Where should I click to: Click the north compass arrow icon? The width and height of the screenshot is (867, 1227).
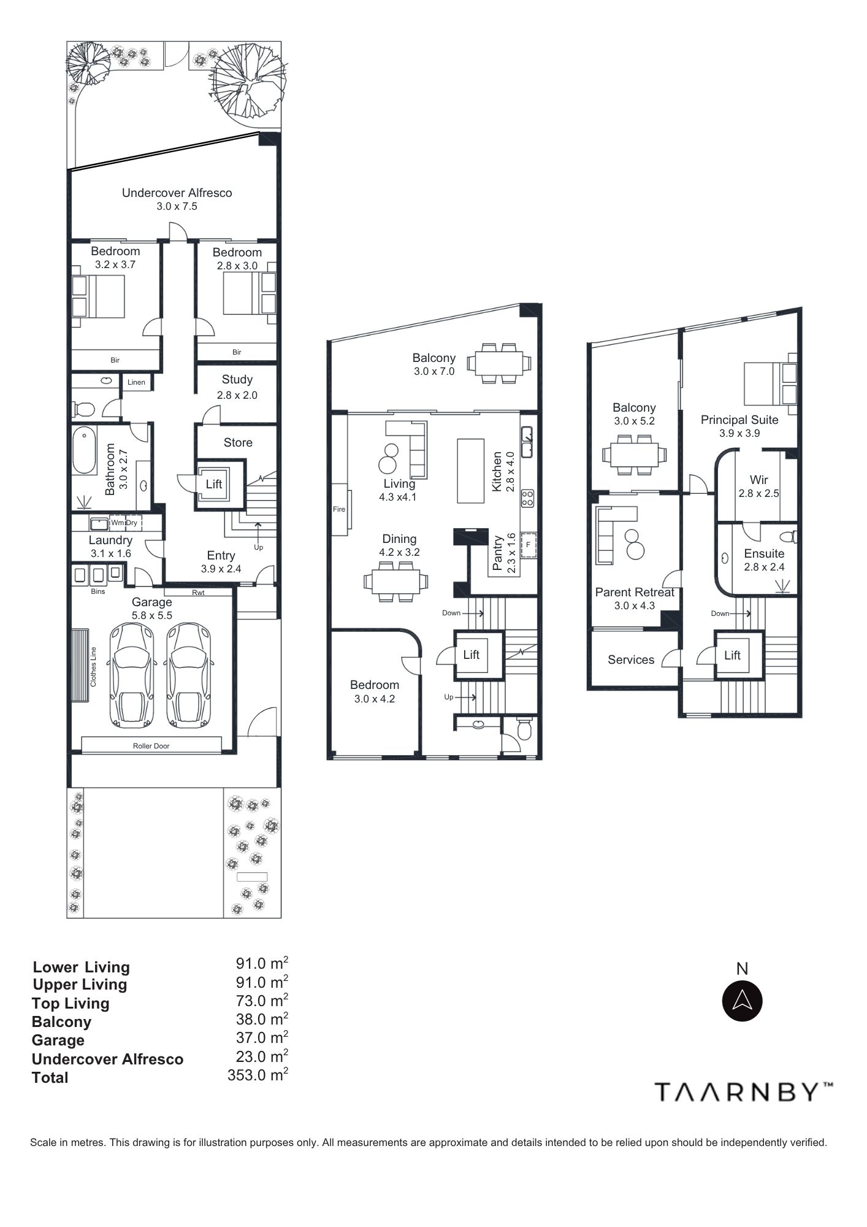[743, 1001]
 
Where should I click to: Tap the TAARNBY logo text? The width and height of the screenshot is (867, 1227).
[744, 1092]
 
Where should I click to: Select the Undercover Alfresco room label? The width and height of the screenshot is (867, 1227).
[177, 193]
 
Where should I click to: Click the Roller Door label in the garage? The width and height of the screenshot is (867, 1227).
[151, 746]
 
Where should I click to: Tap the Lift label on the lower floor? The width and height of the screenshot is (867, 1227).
[214, 484]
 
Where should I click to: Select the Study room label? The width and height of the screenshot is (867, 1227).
[237, 380]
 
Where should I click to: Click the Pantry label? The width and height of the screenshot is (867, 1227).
[498, 553]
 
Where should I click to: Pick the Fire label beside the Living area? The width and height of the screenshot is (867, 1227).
[339, 509]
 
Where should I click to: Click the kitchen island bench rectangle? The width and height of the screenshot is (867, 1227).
[472, 470]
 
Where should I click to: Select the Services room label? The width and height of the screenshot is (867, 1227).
[631, 660]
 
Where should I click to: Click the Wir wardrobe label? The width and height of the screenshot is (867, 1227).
[758, 480]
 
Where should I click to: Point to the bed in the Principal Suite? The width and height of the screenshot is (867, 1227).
[771, 383]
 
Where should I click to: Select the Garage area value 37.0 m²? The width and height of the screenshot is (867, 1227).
[262, 1037]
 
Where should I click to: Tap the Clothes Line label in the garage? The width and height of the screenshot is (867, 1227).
[94, 666]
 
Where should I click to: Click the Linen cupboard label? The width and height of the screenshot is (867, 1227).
[136, 382]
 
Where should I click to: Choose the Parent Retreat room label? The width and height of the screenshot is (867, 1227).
[635, 592]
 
